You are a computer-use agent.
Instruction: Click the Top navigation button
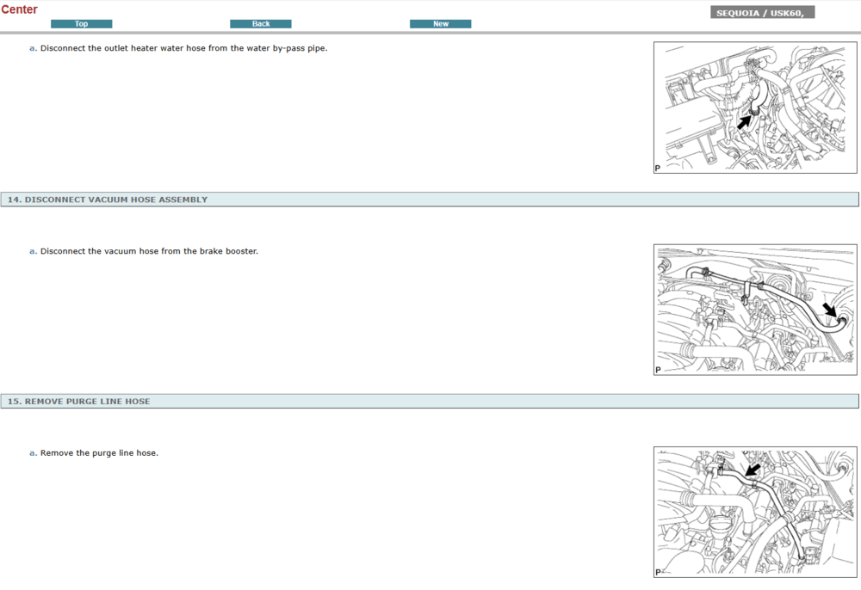81,23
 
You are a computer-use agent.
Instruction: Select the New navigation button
440,23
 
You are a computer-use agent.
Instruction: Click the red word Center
19,9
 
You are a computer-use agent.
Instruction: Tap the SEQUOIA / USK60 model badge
762,13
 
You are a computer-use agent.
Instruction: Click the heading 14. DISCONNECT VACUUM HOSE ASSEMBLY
108,200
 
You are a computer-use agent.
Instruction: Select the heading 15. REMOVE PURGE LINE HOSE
78,402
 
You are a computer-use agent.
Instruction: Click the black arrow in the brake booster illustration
830,310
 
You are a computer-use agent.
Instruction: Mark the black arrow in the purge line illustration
753,470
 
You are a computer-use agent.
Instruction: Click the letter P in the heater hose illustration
657,169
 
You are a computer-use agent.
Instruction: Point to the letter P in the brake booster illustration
658,370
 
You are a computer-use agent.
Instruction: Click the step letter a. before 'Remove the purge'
33,453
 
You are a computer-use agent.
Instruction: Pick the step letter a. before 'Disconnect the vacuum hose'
33,251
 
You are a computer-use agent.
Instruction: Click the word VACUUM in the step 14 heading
108,200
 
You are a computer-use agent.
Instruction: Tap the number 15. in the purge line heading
15,402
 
